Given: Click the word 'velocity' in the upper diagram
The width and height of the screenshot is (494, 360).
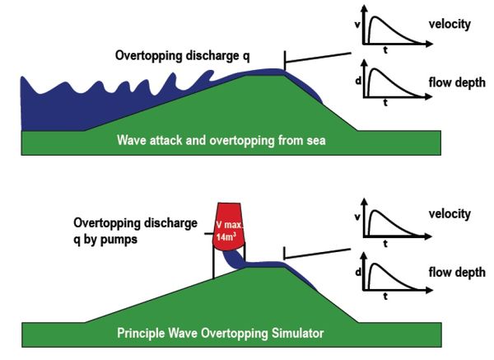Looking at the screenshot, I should click(450, 24).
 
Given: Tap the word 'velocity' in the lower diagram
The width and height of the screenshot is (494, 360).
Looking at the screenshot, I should click(450, 214).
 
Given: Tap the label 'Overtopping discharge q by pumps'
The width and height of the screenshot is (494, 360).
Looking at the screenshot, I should click(135, 230).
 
